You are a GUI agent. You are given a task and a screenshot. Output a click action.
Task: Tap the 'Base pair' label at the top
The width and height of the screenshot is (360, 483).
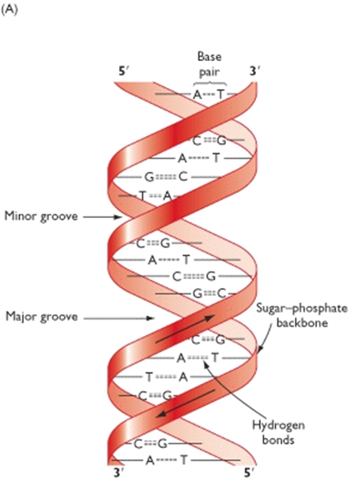[210, 64]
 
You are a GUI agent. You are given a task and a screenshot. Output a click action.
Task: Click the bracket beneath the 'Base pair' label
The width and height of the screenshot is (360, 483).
[210, 82]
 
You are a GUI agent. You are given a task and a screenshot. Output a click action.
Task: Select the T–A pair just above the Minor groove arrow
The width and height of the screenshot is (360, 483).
[155, 196]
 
